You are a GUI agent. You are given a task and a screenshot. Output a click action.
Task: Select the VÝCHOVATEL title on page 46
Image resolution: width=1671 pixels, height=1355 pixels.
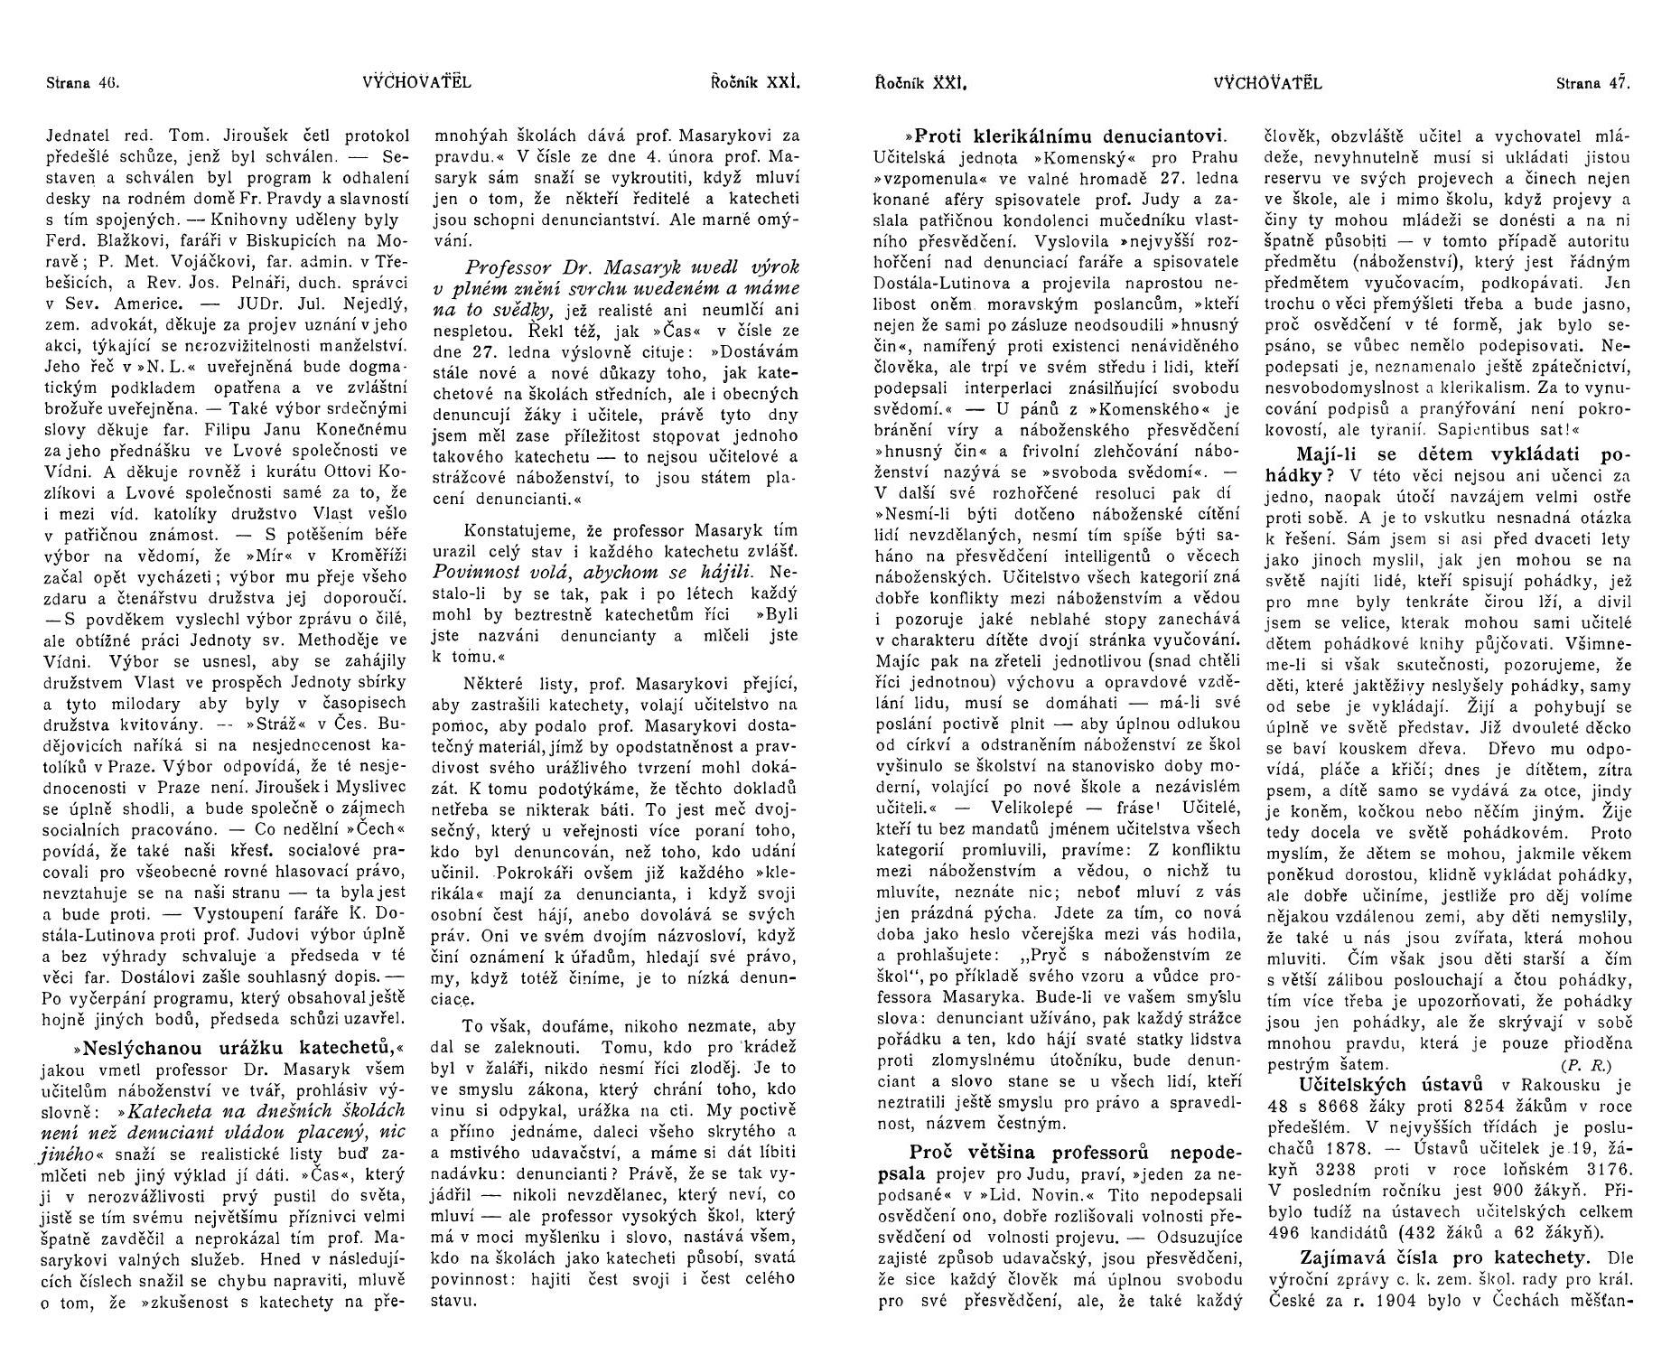(x=416, y=83)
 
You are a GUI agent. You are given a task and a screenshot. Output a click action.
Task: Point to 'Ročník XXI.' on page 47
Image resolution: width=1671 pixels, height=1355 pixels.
(x=920, y=84)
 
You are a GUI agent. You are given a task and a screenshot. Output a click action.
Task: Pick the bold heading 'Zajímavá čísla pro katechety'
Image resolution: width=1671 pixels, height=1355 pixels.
(x=1438, y=1257)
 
